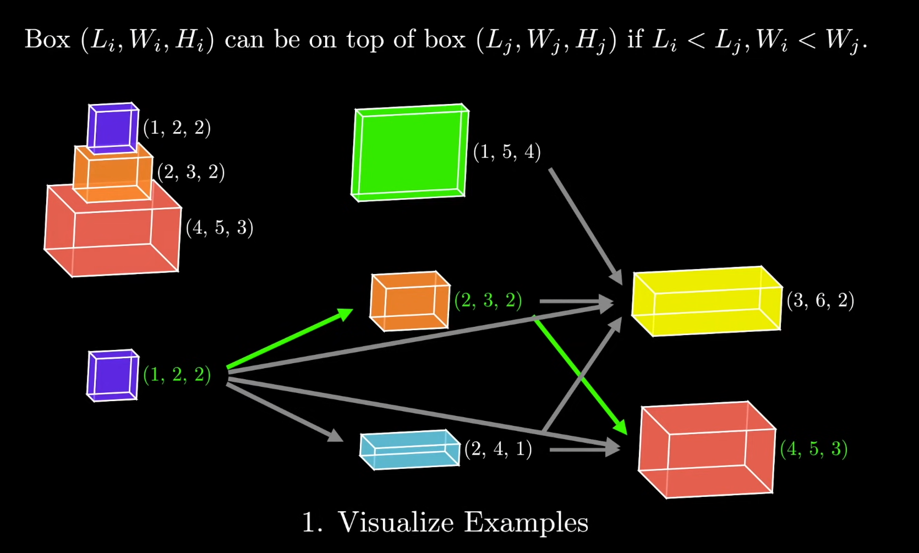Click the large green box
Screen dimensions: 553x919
pos(409,152)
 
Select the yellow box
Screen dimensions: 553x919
pos(707,301)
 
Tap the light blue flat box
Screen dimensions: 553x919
pos(409,449)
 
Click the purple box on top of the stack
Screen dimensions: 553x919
pos(113,128)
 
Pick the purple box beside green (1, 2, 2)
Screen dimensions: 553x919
pos(112,375)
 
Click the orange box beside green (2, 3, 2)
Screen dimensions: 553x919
pos(410,301)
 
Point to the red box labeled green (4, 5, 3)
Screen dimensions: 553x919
pos(707,450)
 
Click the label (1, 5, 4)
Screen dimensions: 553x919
pos(507,151)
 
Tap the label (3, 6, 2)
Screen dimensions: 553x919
pos(820,300)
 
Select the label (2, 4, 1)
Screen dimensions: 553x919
pos(498,449)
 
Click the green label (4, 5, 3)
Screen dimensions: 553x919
pos(813,449)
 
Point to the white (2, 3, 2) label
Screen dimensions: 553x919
pos(191,172)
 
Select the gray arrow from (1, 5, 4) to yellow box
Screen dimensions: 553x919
pos(585,226)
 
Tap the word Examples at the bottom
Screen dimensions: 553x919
pos(526,522)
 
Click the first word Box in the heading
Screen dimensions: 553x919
pos(47,40)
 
